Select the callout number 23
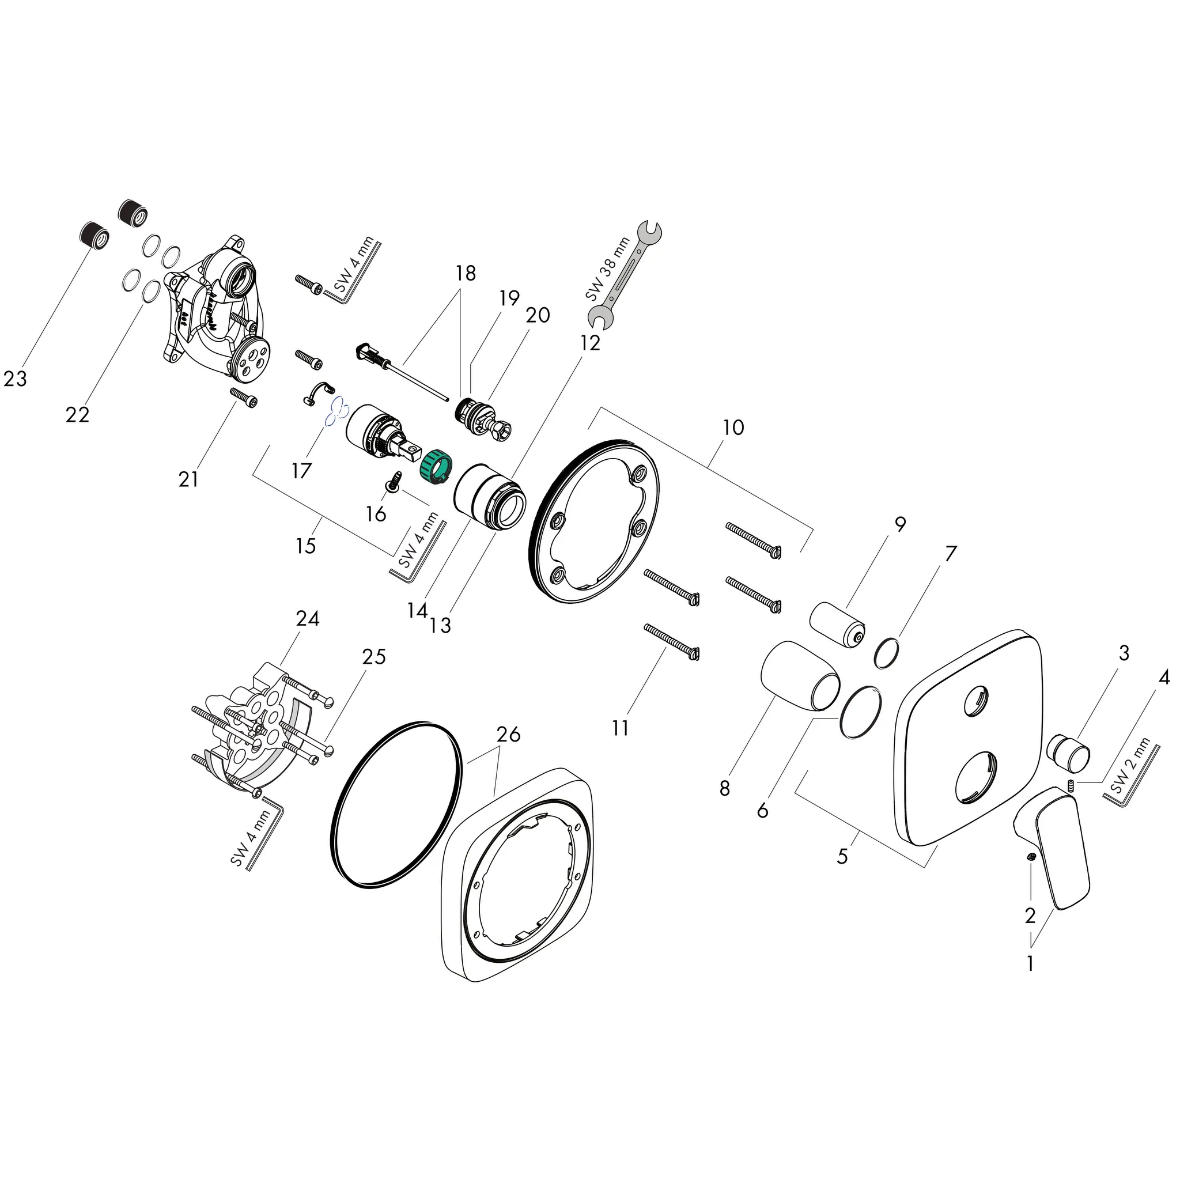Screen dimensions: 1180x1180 16,379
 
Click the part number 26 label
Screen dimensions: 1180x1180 508,733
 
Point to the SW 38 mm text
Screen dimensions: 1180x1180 607,268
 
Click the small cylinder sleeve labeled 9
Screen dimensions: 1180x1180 837,625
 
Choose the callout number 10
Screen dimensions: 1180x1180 733,428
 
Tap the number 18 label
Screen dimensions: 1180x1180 466,273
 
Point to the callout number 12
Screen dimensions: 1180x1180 590,343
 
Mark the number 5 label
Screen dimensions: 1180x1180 842,856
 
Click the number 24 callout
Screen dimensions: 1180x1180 307,619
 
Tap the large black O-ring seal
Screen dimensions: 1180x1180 396,802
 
